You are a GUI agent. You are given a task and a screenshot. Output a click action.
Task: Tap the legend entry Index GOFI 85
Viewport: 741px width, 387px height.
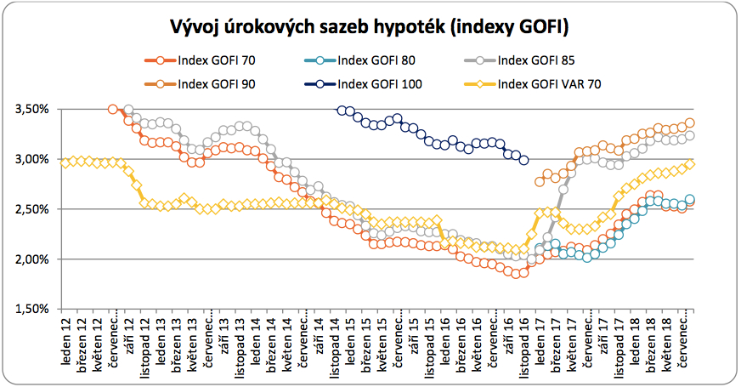536,60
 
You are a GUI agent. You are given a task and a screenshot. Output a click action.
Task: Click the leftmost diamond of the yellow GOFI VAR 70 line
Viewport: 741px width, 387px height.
65,162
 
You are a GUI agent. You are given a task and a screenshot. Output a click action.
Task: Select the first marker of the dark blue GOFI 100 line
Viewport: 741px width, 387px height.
342,110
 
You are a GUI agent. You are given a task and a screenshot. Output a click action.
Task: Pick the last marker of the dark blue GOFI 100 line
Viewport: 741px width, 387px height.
524,160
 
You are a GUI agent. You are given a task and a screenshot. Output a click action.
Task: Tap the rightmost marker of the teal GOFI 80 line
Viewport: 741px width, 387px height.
690,200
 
